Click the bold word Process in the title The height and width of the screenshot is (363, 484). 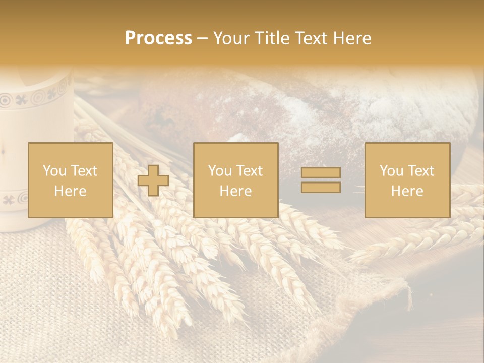(x=158, y=38)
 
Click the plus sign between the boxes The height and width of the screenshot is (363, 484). (x=153, y=180)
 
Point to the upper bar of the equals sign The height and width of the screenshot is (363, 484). (x=321, y=173)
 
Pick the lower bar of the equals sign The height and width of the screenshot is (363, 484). (x=321, y=187)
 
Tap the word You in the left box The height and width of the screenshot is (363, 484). (x=53, y=171)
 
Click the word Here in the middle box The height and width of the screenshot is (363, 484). (x=235, y=191)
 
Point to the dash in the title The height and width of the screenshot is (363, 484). (x=203, y=38)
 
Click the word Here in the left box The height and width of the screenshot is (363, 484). (x=70, y=191)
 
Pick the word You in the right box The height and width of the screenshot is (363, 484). (x=391, y=171)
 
